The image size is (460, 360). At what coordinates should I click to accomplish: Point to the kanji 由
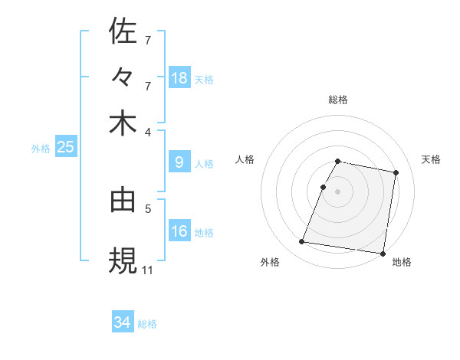(x=123, y=200)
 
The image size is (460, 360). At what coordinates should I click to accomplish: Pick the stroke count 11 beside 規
(x=148, y=270)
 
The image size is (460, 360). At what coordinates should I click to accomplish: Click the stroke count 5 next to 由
(x=148, y=207)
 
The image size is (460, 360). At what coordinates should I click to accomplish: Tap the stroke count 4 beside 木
(x=148, y=131)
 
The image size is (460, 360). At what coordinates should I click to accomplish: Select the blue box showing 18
(x=179, y=78)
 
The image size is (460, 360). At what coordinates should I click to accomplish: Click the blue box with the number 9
(x=179, y=162)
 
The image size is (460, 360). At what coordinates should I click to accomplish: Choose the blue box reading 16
(x=179, y=231)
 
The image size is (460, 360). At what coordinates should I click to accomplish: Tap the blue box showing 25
(x=65, y=147)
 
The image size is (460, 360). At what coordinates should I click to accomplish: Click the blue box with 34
(x=123, y=322)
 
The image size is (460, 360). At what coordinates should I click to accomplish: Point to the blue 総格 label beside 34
(x=147, y=324)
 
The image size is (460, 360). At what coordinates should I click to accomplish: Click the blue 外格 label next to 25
(x=41, y=149)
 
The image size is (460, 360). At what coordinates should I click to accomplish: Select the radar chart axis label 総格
(x=338, y=100)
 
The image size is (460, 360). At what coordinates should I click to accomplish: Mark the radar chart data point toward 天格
(x=396, y=173)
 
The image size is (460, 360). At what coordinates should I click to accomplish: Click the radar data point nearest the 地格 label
(x=382, y=253)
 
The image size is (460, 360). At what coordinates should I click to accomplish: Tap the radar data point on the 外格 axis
(x=302, y=242)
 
